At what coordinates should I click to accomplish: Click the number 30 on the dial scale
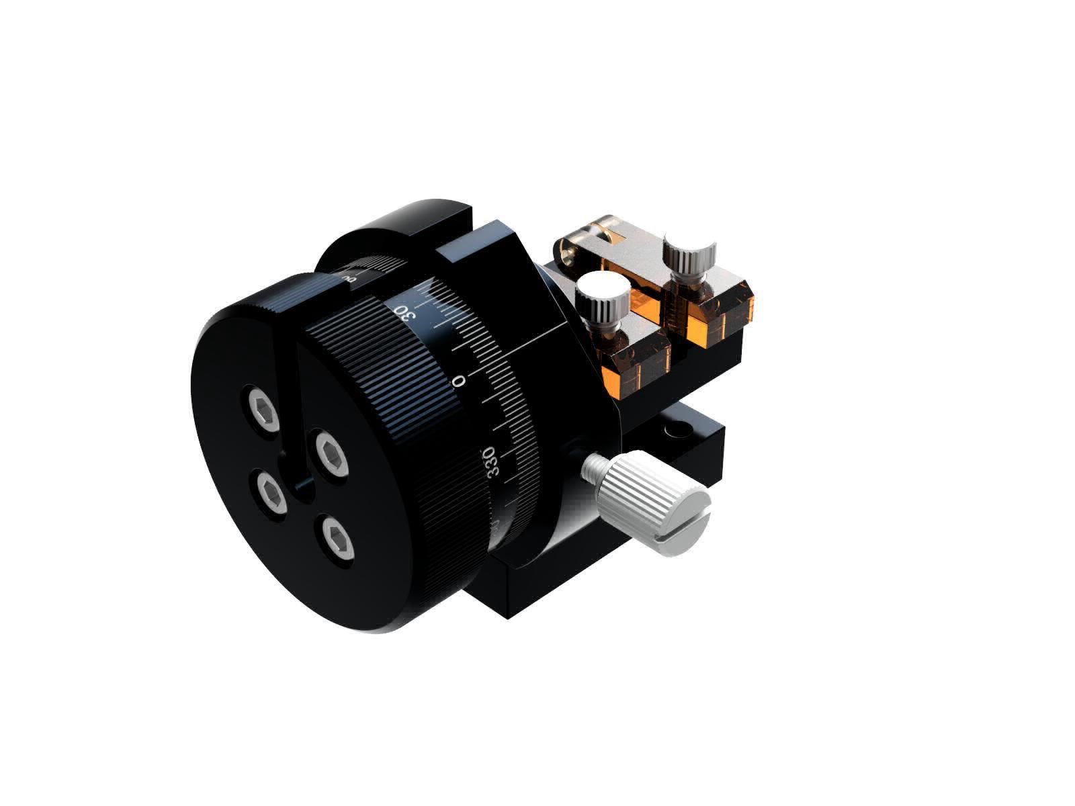[x=405, y=314]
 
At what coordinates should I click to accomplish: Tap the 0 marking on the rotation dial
[x=460, y=382]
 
